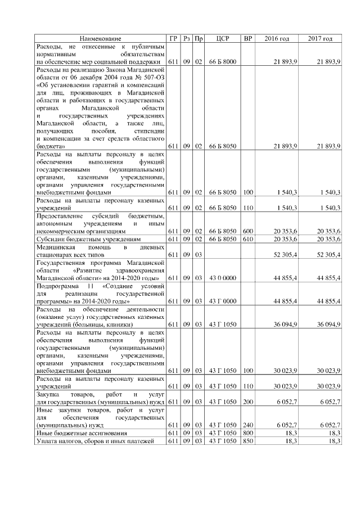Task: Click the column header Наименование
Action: (x=100, y=39)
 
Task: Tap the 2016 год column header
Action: (x=277, y=39)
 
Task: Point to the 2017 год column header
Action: (x=320, y=39)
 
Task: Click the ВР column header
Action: (x=248, y=39)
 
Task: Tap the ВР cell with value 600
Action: (x=248, y=231)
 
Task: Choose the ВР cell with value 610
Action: (x=248, y=238)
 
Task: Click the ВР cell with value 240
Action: (x=248, y=425)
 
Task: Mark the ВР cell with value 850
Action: (x=248, y=440)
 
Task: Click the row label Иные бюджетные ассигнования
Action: (x=78, y=433)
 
